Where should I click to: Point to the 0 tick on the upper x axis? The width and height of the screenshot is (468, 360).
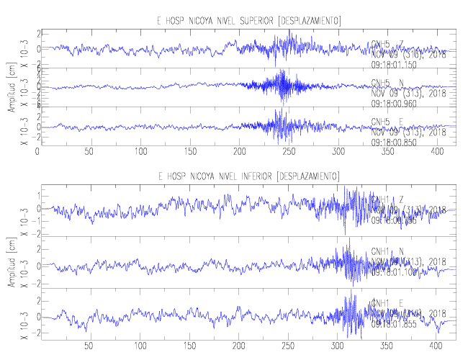[37, 152]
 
